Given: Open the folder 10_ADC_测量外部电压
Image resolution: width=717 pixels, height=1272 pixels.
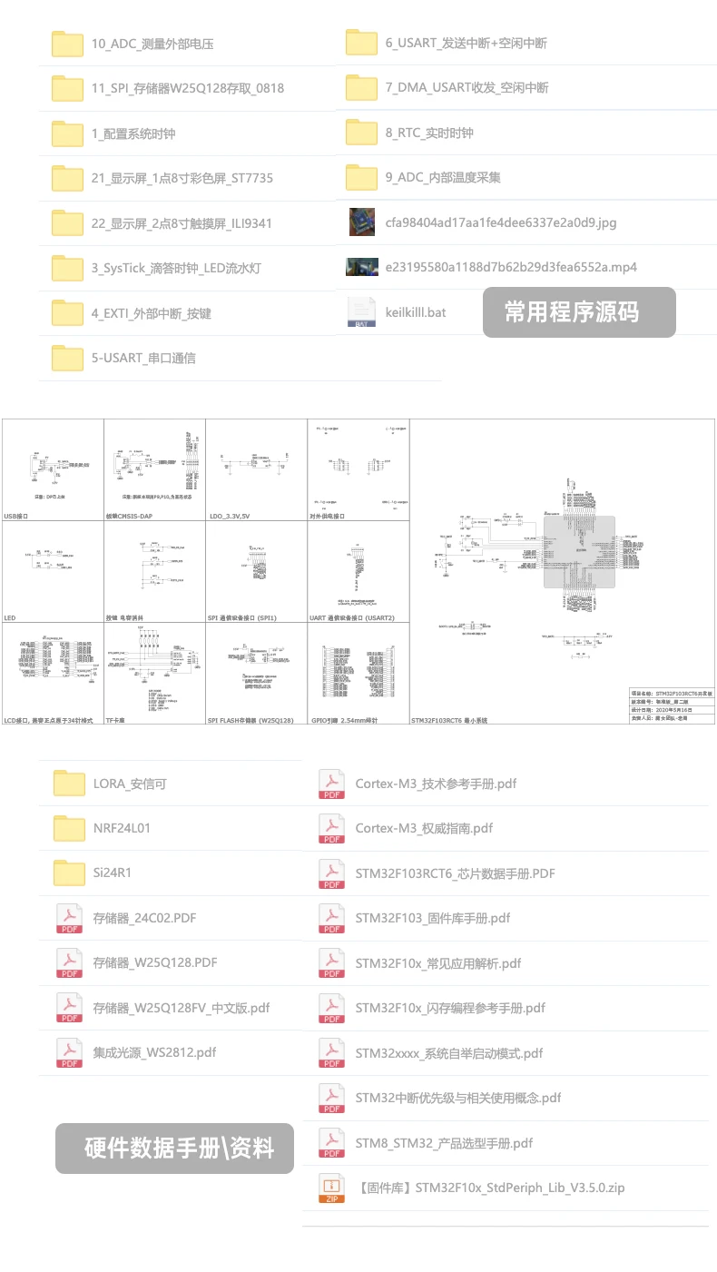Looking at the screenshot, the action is (x=152, y=44).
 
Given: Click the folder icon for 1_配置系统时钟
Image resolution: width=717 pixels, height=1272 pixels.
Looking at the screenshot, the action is (x=67, y=133).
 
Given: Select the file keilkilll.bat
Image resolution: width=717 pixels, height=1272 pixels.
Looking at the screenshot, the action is (x=415, y=311).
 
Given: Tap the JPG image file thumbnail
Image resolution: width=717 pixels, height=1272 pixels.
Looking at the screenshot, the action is (x=361, y=222).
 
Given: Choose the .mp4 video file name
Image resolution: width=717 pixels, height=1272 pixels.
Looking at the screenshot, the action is (x=510, y=267).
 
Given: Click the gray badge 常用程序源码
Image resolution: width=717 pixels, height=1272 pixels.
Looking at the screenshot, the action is (x=578, y=312).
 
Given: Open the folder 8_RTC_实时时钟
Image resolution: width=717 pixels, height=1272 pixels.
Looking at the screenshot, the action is (x=428, y=133).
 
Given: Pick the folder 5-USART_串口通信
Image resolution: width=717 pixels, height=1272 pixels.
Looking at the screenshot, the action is (x=143, y=358).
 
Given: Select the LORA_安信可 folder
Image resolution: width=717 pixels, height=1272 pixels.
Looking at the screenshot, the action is (x=130, y=784).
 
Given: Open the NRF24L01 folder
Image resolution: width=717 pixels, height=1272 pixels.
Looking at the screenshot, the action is (x=122, y=828).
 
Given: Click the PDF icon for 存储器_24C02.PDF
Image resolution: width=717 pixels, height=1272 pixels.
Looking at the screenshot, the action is (x=70, y=918).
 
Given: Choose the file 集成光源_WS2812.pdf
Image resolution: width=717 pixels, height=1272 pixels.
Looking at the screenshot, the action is (x=154, y=1052).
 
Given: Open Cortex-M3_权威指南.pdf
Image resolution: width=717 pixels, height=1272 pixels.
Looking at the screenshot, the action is (x=424, y=828).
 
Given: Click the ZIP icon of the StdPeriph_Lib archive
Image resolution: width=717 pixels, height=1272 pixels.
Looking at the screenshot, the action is (x=331, y=1188).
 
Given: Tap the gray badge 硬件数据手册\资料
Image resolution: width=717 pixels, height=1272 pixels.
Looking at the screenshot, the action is (x=174, y=1149).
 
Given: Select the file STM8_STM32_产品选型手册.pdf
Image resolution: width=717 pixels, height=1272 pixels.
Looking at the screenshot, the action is (x=444, y=1143).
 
